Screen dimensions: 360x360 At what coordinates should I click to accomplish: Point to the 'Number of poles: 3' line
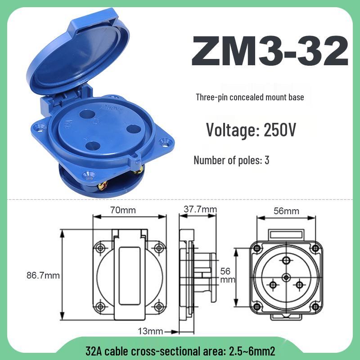point(231,160)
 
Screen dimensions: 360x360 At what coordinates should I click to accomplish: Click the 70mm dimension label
point(123,210)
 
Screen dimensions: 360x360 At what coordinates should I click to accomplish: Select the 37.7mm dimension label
point(200,210)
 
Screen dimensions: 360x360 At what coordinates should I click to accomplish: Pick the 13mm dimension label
point(149,332)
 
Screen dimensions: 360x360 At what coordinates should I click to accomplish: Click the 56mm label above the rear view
point(286,211)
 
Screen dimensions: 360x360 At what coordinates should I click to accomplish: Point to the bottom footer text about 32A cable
point(180,350)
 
